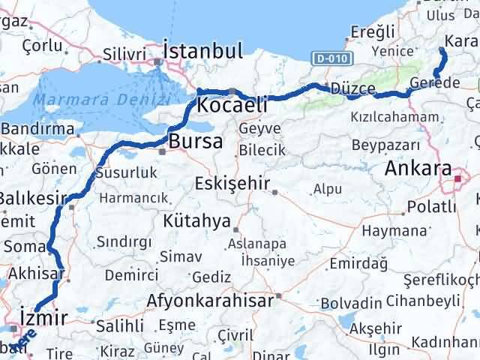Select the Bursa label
click(195, 141)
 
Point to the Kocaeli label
click(232, 105)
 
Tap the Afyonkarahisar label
click(211, 301)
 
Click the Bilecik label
click(262, 150)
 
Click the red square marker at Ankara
click(459, 178)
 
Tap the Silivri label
click(123, 54)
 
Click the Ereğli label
click(373, 31)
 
